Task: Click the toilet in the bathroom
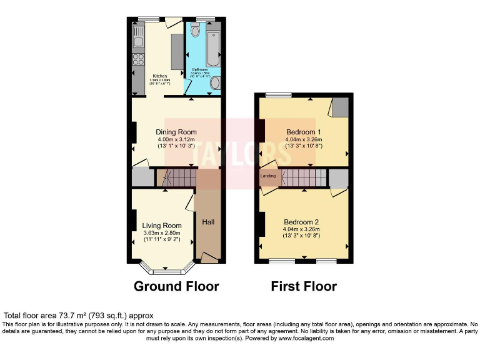(196, 31)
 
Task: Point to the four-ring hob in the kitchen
(137, 61)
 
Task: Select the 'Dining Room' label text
(176, 132)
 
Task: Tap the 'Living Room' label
(162, 226)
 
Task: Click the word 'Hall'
(208, 221)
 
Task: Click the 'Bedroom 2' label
(301, 222)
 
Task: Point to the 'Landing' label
(268, 176)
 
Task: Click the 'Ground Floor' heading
(176, 286)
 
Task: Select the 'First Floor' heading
(304, 286)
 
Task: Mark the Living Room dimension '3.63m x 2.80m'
(162, 232)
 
